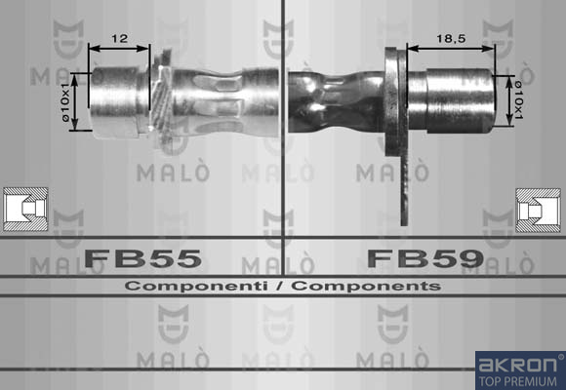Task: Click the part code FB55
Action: pyautogui.click(x=142, y=258)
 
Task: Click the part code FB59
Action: pyautogui.click(x=425, y=258)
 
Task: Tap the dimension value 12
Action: pyautogui.click(x=119, y=38)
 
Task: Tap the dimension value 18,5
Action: pyautogui.click(x=451, y=38)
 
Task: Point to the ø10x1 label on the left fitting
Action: pyautogui.click(x=64, y=102)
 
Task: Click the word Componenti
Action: pyautogui.click(x=196, y=286)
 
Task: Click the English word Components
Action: pyautogui.click(x=366, y=286)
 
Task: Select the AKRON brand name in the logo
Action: pyautogui.click(x=517, y=365)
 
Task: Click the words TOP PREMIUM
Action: pyautogui.click(x=518, y=381)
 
